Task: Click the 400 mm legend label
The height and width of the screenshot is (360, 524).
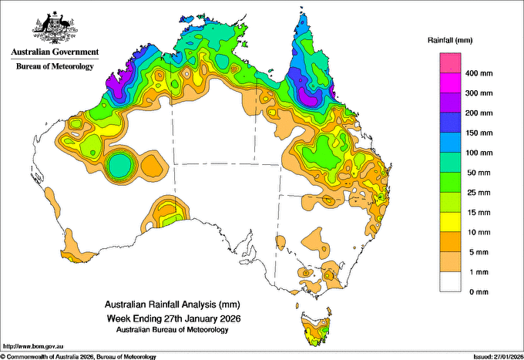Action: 479,73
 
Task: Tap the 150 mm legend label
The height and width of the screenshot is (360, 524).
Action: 479,133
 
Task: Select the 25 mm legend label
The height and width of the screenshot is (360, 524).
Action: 479,193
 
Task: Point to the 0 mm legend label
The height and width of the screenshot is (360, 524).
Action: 479,292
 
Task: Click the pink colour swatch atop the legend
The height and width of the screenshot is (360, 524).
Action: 450,63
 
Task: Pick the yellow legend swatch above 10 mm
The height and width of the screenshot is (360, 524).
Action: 450,222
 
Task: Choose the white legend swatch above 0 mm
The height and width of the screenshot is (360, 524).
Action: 450,282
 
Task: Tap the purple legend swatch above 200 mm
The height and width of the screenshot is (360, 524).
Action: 450,103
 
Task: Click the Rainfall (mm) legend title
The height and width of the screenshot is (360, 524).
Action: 450,40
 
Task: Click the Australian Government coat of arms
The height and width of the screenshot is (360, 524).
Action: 55,28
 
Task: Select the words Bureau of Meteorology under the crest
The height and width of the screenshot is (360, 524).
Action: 55,66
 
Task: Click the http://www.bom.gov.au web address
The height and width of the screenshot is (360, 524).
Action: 33,347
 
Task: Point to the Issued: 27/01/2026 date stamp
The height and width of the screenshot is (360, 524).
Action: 498,357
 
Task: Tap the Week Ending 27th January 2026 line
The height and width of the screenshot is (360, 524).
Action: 173,318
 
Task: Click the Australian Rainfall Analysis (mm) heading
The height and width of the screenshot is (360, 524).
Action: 173,304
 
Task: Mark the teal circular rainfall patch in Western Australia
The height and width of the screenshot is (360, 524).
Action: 119,164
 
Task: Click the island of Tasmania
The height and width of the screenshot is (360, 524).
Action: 316,328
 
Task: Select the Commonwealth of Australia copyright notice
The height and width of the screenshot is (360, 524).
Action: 79,357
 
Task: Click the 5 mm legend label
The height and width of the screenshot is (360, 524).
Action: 479,252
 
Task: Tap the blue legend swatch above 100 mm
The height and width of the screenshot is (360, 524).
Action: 450,143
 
